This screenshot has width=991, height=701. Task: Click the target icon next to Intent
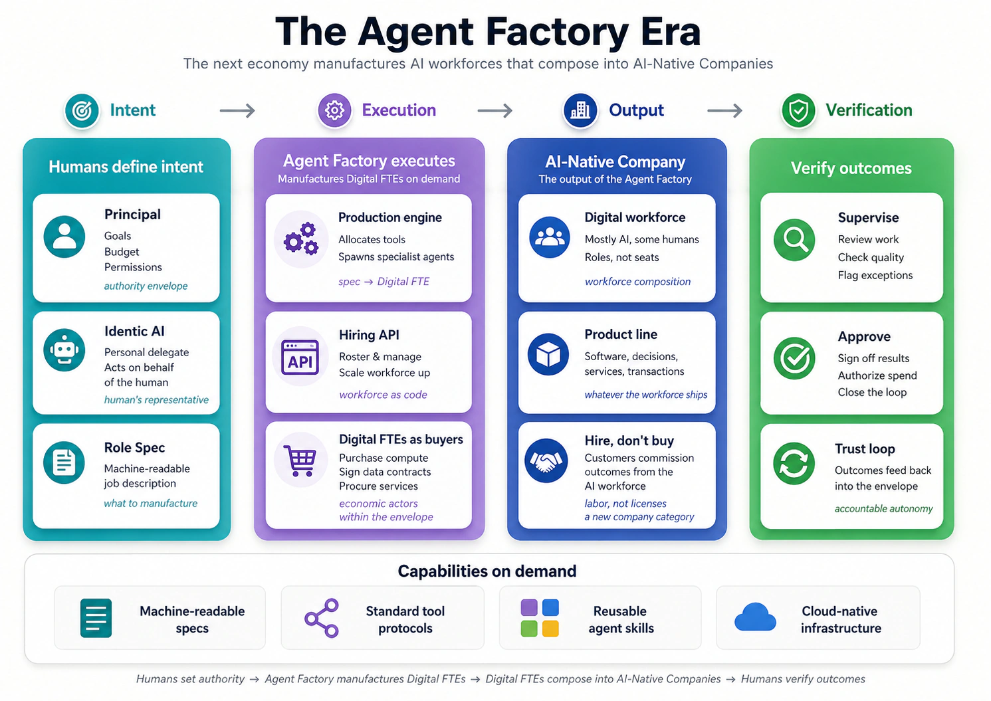[x=82, y=110]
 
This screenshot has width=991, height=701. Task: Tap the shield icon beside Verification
[x=798, y=110]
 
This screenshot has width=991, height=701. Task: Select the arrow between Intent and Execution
[x=237, y=110]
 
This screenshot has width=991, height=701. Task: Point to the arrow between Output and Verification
[x=724, y=110]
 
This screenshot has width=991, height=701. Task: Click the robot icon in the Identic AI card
[x=64, y=350]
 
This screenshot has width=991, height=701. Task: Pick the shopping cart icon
[x=300, y=460]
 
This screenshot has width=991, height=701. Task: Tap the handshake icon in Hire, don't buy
[x=546, y=460]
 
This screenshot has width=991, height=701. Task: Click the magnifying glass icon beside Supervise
[x=794, y=240]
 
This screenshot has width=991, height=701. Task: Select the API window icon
[x=300, y=357]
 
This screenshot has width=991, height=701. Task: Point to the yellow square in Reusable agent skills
[x=550, y=629]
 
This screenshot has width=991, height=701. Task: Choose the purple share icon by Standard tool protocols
[x=322, y=618]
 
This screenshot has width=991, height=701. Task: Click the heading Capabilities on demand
[x=487, y=571]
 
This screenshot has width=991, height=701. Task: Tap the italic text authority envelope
[x=146, y=286]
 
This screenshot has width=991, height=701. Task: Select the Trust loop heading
[x=865, y=449]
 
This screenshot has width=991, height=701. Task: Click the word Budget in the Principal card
[x=122, y=252]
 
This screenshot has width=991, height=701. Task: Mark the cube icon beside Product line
[x=548, y=355]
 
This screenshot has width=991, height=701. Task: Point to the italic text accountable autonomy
[x=883, y=508]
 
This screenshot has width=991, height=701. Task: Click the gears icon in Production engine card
[x=301, y=239]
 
